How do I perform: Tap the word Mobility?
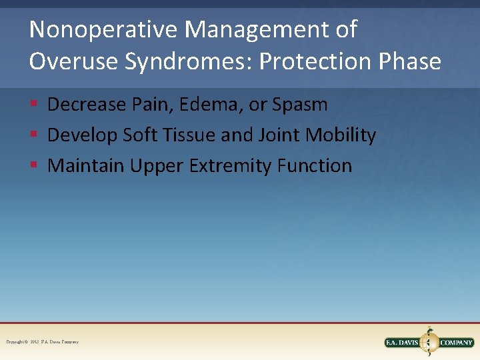(341, 135)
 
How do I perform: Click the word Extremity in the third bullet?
(233, 165)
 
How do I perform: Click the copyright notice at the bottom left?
(43, 342)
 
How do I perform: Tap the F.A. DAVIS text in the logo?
(403, 343)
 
